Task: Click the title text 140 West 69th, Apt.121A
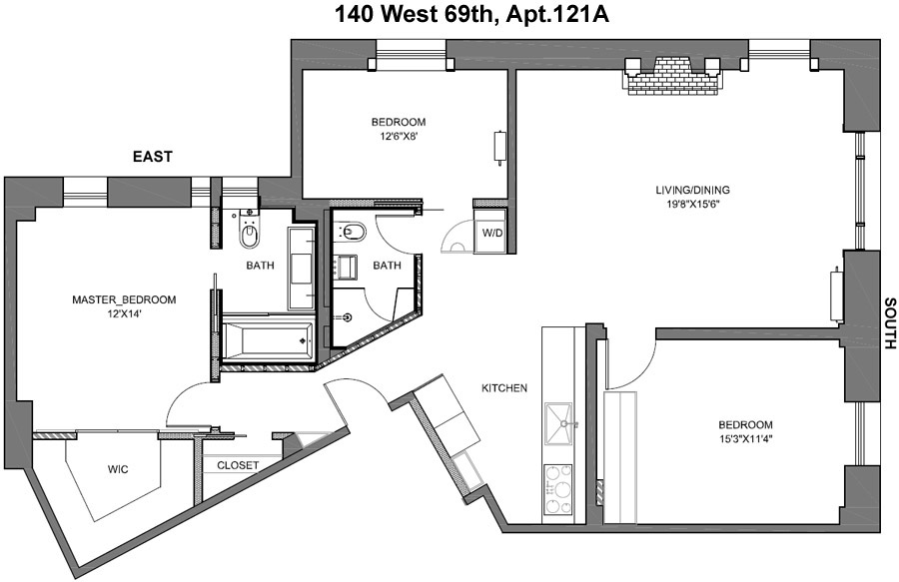(449, 15)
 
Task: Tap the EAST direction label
(154, 157)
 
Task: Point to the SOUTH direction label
(887, 323)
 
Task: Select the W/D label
(492, 234)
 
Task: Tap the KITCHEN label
(504, 388)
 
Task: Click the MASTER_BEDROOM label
(124, 299)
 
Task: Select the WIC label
(119, 468)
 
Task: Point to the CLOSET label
(238, 465)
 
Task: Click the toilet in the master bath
(250, 235)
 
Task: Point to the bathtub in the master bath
(267, 340)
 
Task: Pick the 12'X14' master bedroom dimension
(124, 314)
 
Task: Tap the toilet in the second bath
(353, 233)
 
